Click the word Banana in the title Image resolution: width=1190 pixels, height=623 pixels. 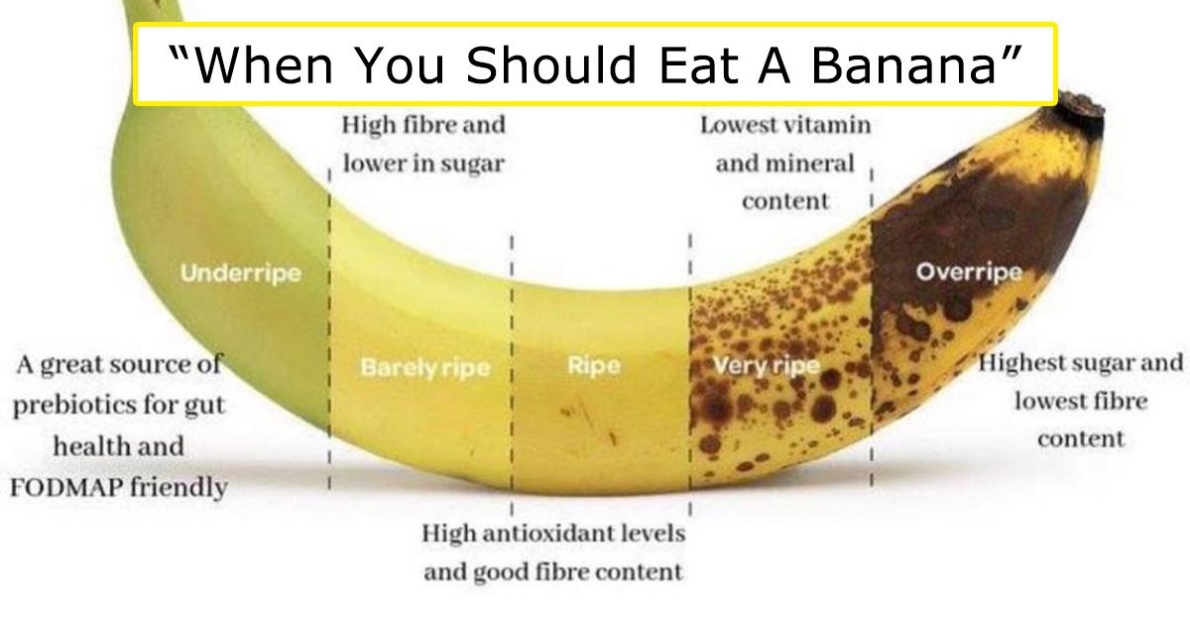903,64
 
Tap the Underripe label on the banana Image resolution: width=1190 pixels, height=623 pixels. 241,273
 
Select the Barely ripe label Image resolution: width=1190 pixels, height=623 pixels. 425,367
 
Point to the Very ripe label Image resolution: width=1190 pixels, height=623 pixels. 767,366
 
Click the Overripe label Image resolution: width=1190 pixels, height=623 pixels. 969,272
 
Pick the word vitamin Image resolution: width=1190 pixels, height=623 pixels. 828,125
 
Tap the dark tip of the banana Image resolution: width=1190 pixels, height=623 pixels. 1081,110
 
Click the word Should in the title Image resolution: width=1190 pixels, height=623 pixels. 550,64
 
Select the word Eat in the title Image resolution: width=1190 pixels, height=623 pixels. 697,64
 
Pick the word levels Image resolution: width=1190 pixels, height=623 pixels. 657,533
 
